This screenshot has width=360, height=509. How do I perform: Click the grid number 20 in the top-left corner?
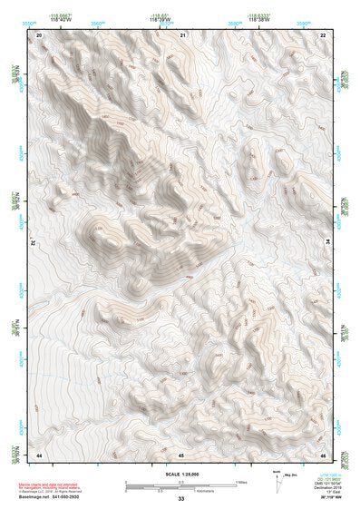tap(40, 34)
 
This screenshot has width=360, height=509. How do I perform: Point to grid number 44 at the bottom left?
tap(40, 453)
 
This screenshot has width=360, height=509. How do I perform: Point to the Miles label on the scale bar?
tap(240, 482)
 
